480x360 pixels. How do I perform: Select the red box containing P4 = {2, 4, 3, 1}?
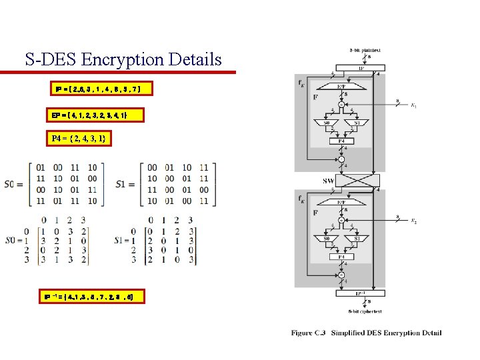(79, 139)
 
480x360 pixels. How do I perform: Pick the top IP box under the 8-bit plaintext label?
(361, 68)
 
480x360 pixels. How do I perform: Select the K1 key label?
(413, 105)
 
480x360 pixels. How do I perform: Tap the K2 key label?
(413, 220)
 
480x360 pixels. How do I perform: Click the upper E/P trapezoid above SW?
(341, 87)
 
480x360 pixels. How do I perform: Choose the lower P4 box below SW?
(341, 256)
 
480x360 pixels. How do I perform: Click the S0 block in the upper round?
(327, 123)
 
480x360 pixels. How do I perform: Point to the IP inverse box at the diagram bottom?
(360, 292)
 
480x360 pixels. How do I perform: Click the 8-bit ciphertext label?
(361, 311)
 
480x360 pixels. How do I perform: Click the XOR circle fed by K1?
(341, 105)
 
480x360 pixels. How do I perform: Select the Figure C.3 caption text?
(366, 333)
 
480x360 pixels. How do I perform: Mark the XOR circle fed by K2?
(341, 219)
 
